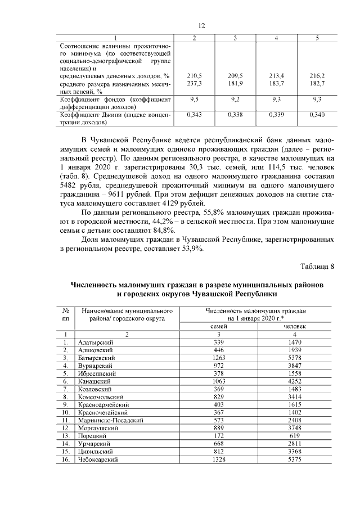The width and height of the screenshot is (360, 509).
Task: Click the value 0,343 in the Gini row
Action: (x=194, y=114)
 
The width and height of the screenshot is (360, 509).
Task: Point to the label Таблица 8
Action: (x=317, y=266)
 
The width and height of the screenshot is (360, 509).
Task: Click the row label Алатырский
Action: (x=96, y=342)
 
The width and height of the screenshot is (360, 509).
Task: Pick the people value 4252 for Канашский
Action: (x=295, y=381)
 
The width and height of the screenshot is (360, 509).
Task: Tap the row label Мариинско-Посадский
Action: (x=111, y=420)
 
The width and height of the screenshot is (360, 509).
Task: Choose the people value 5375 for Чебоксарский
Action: (x=295, y=460)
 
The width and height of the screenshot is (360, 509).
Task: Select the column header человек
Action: (x=295, y=326)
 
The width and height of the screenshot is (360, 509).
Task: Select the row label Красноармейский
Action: (x=104, y=404)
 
